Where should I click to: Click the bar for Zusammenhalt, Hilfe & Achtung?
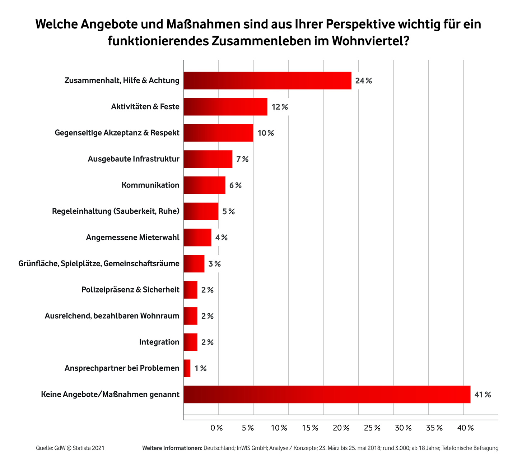pyautogui.click(x=267, y=80)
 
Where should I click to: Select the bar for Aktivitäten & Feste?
pyautogui.click(x=225, y=107)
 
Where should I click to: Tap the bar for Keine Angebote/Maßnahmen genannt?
pyautogui.click(x=327, y=395)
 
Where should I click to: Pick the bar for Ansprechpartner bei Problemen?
pyautogui.click(x=187, y=368)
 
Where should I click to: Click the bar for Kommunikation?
pyautogui.click(x=204, y=185)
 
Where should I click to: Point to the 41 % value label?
pyautogui.click(x=483, y=395)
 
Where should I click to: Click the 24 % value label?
pyautogui.click(x=363, y=81)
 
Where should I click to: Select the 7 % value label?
pyautogui.click(x=242, y=159)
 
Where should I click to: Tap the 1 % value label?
pyautogui.click(x=201, y=369)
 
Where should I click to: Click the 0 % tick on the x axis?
pyautogui.click(x=217, y=428)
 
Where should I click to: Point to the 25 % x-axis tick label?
pyautogui.click(x=372, y=428)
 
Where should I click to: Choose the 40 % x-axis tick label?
pyautogui.click(x=466, y=428)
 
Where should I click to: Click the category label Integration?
pyautogui.click(x=159, y=342)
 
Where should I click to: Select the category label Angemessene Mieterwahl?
pyautogui.click(x=132, y=238)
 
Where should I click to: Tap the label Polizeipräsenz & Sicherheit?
pyautogui.click(x=130, y=290)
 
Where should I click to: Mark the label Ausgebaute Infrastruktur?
pyautogui.click(x=134, y=159)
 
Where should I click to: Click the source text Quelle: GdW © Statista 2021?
pyautogui.click(x=70, y=448)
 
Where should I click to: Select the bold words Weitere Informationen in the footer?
pyautogui.click(x=172, y=448)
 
